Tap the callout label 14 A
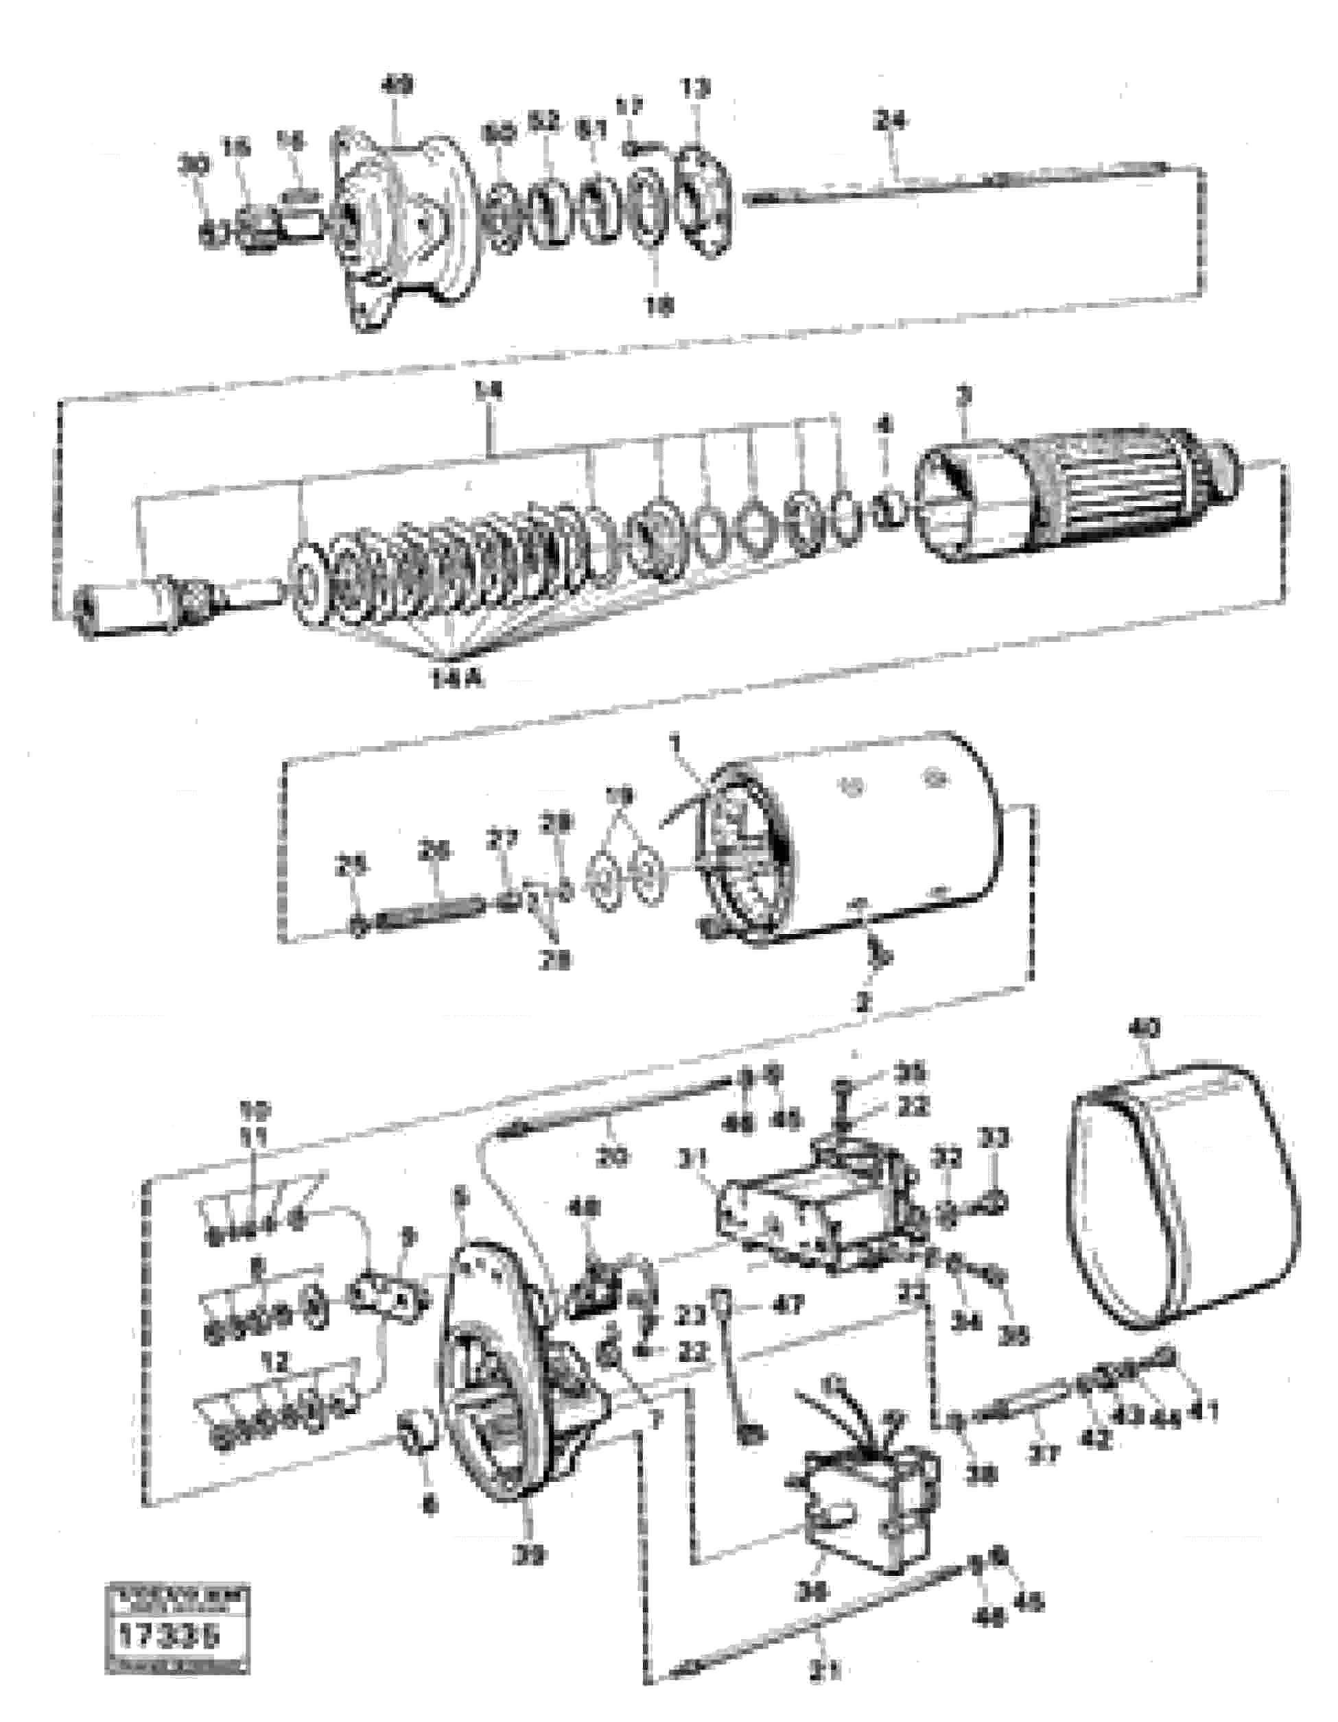pos(457,678)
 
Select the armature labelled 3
pos(1073,497)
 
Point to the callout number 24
pos(890,121)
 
